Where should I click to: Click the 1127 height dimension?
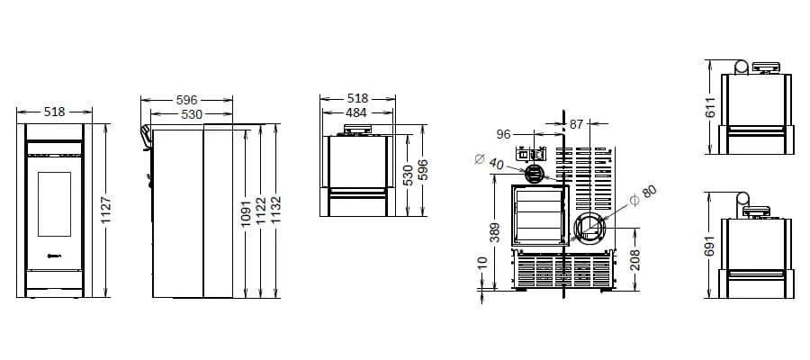[106, 211]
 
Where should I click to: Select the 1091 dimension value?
[246, 212]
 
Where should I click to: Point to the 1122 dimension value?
[261, 211]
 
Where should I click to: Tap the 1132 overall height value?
[276, 210]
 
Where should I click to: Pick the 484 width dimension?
[356, 112]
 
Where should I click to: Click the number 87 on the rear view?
[577, 124]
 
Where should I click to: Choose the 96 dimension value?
[503, 134]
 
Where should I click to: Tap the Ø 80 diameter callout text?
[643, 195]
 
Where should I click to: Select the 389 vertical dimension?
[495, 232]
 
